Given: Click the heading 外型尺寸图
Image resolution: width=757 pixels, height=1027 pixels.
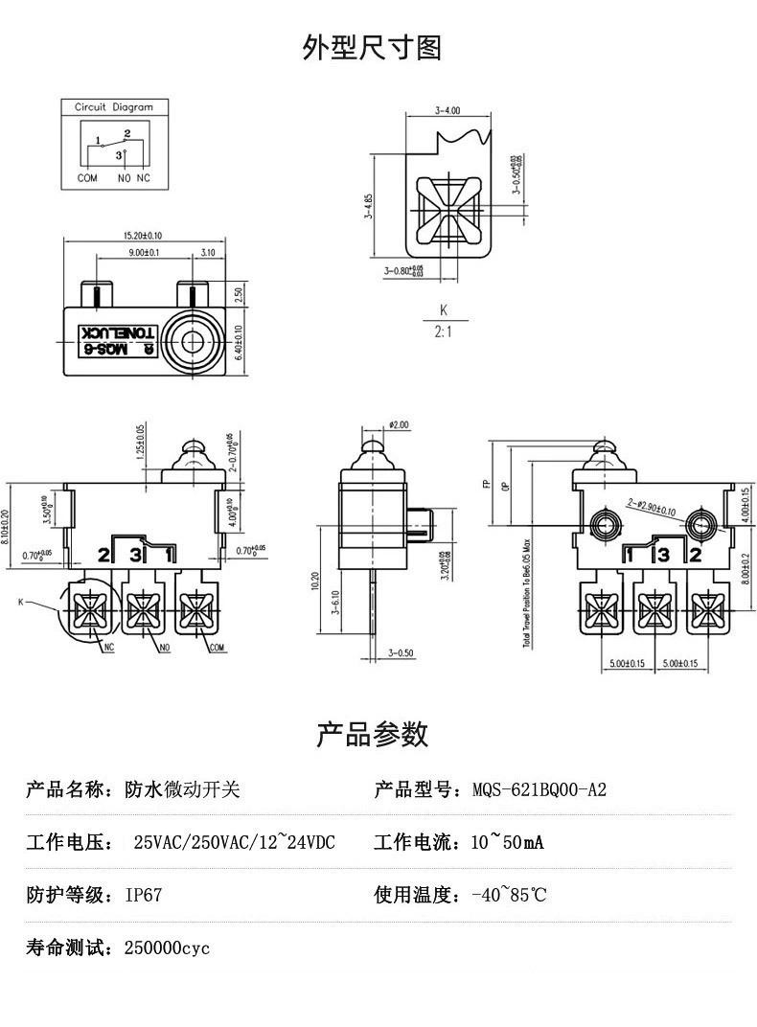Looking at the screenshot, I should click(372, 47).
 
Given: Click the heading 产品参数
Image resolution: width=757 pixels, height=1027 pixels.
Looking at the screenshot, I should click(372, 735).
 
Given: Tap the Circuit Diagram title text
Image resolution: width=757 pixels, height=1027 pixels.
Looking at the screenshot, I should click(114, 107).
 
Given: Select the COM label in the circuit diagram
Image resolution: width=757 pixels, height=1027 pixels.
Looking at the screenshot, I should click(87, 178).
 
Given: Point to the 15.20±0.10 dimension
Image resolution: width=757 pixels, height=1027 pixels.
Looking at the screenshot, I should click(143, 235).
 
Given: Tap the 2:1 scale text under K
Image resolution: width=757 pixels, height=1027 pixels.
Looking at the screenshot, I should click(443, 332).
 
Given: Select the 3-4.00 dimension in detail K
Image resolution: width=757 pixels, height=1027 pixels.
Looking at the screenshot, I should click(447, 111).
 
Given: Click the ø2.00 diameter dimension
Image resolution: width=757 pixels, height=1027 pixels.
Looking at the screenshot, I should click(399, 424).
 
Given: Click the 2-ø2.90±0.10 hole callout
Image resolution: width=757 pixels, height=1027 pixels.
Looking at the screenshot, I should click(652, 507).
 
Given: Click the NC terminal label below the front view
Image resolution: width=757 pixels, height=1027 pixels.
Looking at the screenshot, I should click(108, 649).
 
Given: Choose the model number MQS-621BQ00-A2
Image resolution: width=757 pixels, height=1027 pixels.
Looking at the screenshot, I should click(539, 790).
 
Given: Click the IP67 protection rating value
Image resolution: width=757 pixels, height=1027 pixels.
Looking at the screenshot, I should click(144, 896).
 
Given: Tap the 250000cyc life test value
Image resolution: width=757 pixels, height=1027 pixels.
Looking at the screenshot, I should click(167, 948).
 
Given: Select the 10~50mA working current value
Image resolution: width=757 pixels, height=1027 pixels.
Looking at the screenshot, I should click(507, 843).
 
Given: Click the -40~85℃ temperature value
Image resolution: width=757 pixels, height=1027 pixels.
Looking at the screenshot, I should click(509, 896).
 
